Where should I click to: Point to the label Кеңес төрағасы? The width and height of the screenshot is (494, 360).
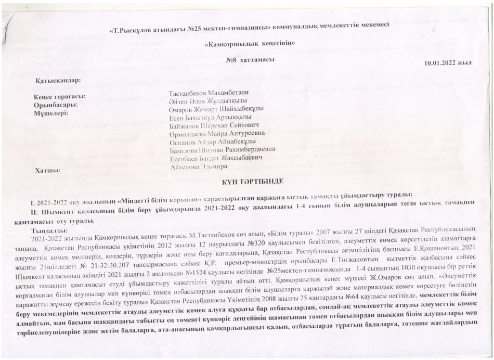click(x=59, y=97)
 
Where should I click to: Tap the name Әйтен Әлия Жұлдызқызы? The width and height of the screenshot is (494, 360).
click(x=208, y=101)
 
